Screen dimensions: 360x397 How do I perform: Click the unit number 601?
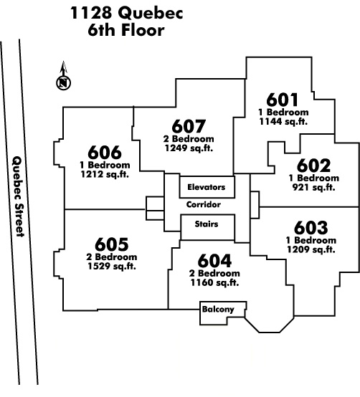tap(283, 100)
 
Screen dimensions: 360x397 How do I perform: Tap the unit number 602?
tap(313, 166)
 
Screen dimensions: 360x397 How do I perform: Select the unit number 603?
tap(311, 228)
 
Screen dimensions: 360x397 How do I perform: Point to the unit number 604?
tap(214, 261)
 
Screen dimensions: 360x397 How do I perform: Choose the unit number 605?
tap(111, 244)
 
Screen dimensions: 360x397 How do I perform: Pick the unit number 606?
tap(105, 153)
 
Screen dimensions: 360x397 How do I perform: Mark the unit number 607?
tap(189, 126)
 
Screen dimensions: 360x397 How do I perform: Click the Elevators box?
tap(207, 187)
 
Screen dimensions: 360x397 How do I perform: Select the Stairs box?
tap(207, 227)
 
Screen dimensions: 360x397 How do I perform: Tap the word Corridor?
tap(204, 204)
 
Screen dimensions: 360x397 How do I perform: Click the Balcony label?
tap(218, 309)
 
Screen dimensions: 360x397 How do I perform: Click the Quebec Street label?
tap(19, 197)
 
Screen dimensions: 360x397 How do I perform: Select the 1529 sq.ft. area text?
tap(112, 267)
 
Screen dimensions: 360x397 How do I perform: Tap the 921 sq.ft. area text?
tap(313, 188)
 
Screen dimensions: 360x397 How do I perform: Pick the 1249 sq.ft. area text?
tap(189, 148)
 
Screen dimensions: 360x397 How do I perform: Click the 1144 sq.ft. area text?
tap(283, 122)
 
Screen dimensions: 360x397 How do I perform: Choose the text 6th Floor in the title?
tap(126, 30)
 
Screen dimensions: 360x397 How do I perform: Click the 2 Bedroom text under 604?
tap(214, 274)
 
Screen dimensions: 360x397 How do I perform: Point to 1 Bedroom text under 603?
tap(311, 240)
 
